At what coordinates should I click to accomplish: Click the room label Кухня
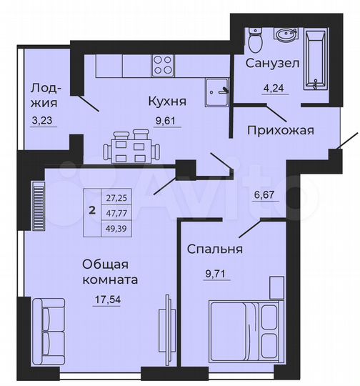[x=163, y=102]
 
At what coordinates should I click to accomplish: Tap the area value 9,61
[x=169, y=120]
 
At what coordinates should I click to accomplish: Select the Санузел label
[x=273, y=64]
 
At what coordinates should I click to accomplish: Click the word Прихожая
[x=281, y=130]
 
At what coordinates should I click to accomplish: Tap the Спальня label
[x=215, y=249]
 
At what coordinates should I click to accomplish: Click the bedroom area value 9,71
[x=214, y=272]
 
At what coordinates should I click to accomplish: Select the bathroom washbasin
[x=287, y=36]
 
